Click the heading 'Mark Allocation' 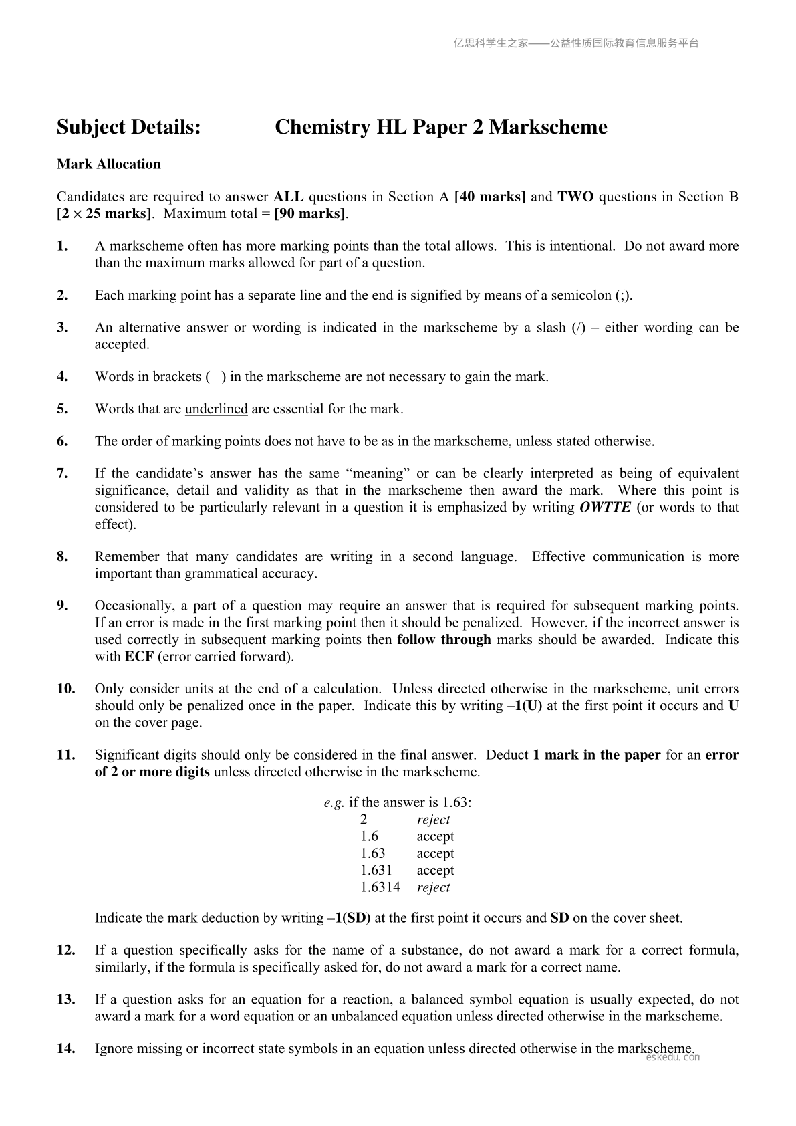[x=109, y=164]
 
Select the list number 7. [x=62, y=473]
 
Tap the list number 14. [x=66, y=1048]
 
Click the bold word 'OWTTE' [x=605, y=507]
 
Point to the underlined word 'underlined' [x=216, y=409]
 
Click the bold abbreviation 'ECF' [x=139, y=656]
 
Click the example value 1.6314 [x=380, y=887]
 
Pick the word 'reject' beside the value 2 [x=433, y=820]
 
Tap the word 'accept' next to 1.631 [x=435, y=871]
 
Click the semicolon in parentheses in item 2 [x=622, y=296]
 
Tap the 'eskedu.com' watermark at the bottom [x=674, y=1058]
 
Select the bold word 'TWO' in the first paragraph [x=575, y=197]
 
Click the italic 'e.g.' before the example [x=334, y=803]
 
